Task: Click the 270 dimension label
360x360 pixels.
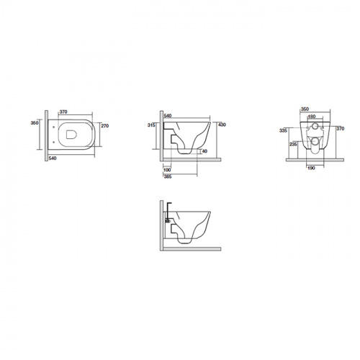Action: tap(105, 126)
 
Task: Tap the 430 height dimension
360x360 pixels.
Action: tap(222, 125)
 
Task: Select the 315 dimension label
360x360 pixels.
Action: tap(151, 125)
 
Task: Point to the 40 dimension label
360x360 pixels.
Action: tap(204, 151)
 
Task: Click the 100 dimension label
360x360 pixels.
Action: tap(167, 170)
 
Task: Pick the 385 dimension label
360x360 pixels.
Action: tap(168, 177)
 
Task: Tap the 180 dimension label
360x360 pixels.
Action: tap(312, 117)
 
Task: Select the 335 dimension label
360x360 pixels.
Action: tap(283, 131)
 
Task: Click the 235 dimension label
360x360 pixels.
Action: tap(293, 144)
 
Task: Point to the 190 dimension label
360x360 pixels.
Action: tap(311, 168)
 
